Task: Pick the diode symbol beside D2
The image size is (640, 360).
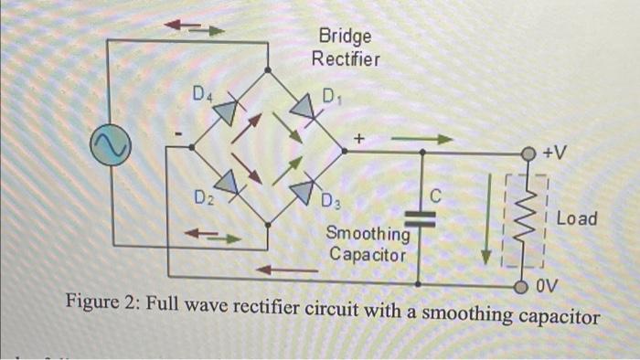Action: tap(226, 184)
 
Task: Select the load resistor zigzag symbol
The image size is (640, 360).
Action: tap(528, 219)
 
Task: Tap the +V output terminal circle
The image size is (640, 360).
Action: tap(528, 153)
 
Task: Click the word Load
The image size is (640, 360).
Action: tap(576, 219)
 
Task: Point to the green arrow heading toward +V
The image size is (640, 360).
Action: tap(421, 140)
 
